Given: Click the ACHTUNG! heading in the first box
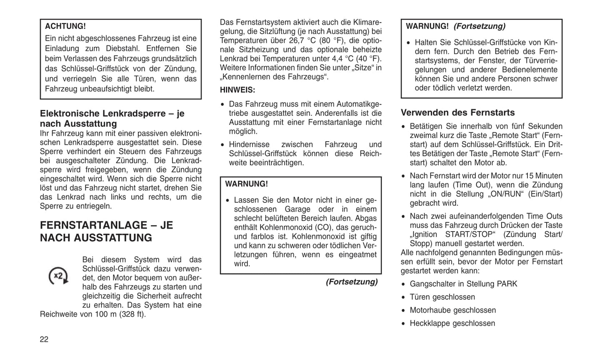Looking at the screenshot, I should tap(65, 26).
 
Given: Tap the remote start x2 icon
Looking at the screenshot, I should tap(58, 276).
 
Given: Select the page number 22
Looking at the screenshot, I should tap(44, 339).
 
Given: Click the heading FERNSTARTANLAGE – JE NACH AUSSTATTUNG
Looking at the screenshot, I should tap(106, 232).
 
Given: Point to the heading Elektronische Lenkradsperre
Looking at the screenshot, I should tap(112, 118).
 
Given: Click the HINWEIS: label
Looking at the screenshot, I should tap(237, 90).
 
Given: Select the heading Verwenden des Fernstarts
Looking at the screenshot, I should tap(457, 112).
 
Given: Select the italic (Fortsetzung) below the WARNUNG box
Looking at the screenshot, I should tap(352, 282).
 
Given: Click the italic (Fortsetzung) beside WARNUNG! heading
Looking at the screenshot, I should tap(479, 26).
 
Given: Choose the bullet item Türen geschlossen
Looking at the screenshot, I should tap(442, 297).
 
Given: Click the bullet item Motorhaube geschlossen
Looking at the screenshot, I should tap(452, 310).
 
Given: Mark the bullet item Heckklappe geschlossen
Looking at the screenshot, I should tap(452, 323).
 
